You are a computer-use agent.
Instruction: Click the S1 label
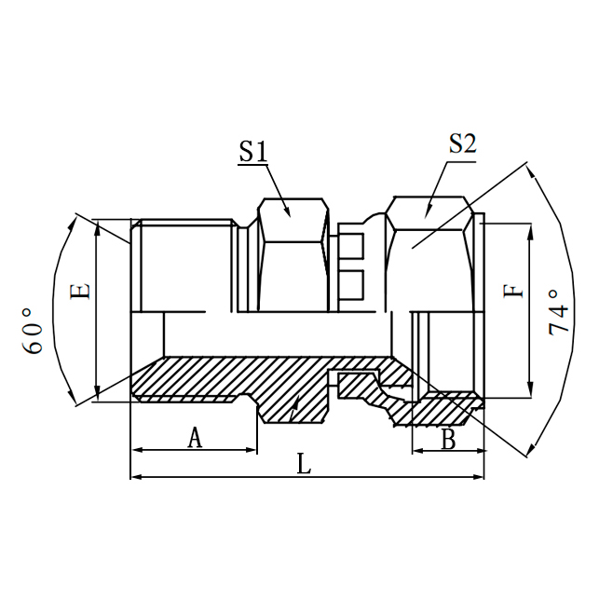pyautogui.click(x=252, y=152)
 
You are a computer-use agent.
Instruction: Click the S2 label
pyautogui.click(x=462, y=143)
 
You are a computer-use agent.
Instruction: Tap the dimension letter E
pyautogui.click(x=81, y=291)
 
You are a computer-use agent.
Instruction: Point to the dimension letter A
pyautogui.click(x=195, y=437)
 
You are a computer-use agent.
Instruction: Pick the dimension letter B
pyautogui.click(x=448, y=440)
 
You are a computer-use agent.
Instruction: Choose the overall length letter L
pyautogui.click(x=304, y=464)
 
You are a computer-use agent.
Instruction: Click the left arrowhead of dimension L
pyautogui.click(x=136, y=477)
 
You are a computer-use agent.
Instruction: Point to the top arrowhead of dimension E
pyautogui.click(x=98, y=226)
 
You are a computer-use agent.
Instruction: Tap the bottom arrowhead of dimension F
pyautogui.click(x=530, y=391)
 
